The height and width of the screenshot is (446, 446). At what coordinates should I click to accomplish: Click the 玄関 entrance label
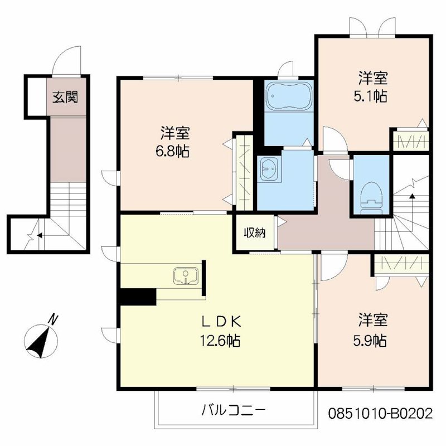65,98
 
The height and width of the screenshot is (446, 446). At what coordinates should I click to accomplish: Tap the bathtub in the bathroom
289,96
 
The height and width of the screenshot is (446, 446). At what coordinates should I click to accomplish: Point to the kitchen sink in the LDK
186,275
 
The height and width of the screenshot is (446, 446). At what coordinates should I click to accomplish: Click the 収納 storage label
255,232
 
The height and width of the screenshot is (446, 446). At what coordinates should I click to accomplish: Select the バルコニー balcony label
233,410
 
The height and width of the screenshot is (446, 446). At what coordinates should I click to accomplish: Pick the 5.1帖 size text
370,96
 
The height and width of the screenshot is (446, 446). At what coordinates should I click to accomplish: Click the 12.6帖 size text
220,340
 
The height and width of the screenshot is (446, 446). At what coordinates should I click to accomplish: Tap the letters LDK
221,322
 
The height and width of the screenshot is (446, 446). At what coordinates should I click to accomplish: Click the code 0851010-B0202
381,414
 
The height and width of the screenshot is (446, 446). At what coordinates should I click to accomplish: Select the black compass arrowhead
38,343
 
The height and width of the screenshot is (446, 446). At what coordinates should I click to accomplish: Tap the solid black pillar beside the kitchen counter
138,297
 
